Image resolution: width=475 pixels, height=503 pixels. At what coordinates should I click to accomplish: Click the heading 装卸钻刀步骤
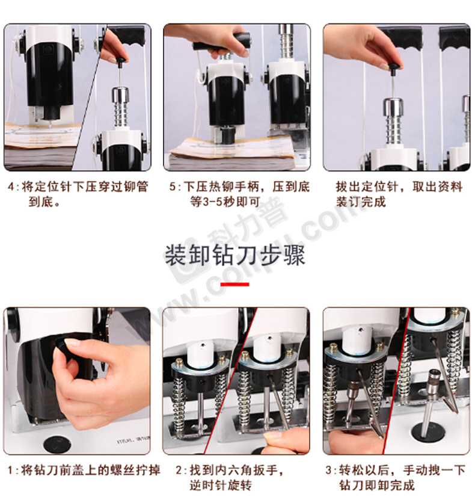click(x=235, y=255)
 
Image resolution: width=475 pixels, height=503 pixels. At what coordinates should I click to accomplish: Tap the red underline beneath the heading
click(x=235, y=284)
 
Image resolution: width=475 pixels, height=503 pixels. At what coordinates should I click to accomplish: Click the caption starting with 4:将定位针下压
click(x=79, y=194)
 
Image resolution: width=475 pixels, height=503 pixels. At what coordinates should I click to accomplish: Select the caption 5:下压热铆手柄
click(x=240, y=194)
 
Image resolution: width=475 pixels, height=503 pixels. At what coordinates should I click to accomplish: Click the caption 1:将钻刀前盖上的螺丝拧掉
click(x=84, y=471)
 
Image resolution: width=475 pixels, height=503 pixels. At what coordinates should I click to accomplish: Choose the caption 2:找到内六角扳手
click(x=230, y=478)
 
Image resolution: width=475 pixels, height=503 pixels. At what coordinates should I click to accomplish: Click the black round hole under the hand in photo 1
click(x=57, y=444)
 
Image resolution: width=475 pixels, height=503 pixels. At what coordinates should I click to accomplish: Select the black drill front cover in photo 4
click(x=49, y=76)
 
